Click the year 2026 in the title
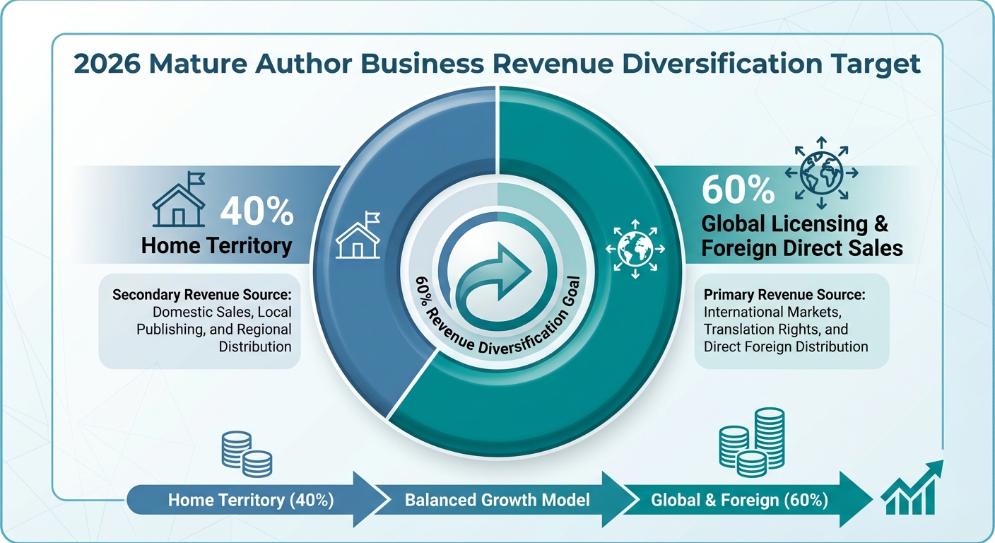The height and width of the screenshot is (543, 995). point(107,64)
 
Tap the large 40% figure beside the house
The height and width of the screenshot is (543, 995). point(257,211)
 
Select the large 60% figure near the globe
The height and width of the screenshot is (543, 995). point(738,189)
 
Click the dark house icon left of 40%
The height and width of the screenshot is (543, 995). point(179,199)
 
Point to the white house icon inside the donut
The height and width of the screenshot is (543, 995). point(358,235)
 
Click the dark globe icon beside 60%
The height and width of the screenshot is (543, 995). point(821,173)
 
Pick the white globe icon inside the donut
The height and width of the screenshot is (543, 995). point(635,249)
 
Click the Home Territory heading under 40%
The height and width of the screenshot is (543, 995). point(217,246)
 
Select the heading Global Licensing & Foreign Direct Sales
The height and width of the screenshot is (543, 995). point(802,236)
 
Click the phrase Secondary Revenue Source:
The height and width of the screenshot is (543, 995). point(202,295)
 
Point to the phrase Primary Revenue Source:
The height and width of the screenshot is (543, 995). point(784,295)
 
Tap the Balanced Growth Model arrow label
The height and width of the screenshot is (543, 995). point(497,501)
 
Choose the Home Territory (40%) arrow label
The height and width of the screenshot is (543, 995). point(251,501)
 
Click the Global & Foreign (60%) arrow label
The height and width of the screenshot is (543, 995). point(740,501)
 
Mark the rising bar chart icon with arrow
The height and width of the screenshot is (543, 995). point(912,487)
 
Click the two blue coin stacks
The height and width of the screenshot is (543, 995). point(247,454)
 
